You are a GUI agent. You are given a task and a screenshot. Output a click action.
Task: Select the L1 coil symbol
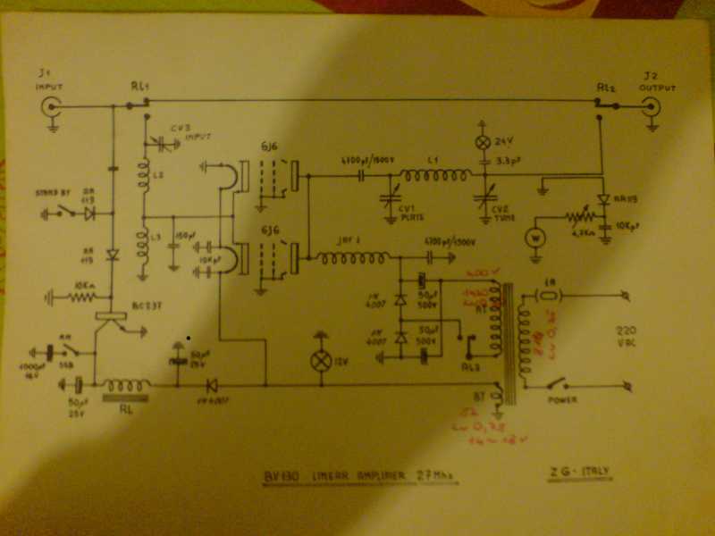tap(434, 176)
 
